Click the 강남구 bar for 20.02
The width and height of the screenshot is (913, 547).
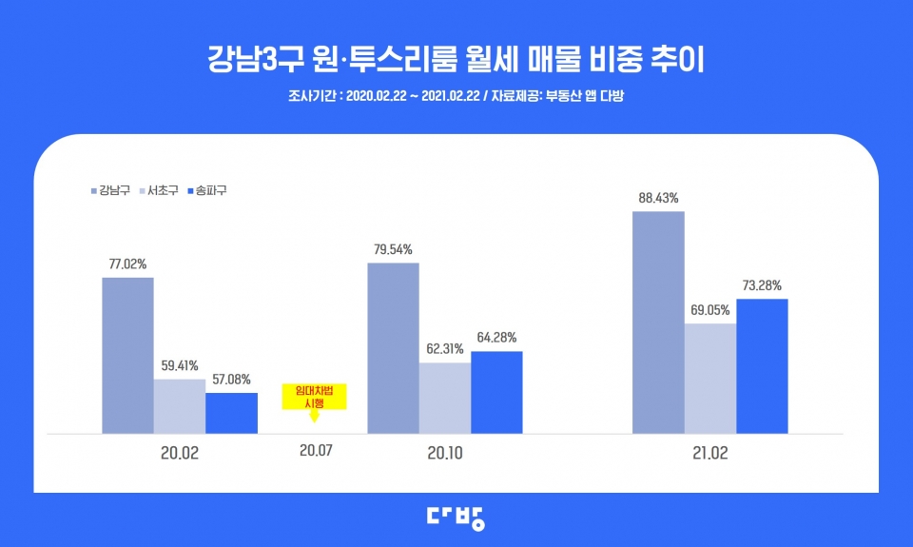tap(127, 356)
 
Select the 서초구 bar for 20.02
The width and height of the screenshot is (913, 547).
tap(179, 406)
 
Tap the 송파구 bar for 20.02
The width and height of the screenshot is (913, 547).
tap(231, 413)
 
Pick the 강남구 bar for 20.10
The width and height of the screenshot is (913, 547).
tap(393, 348)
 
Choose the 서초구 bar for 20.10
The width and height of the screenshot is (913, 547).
tap(444, 398)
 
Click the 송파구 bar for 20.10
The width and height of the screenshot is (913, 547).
tap(496, 392)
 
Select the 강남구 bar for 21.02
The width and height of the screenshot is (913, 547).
tap(658, 322)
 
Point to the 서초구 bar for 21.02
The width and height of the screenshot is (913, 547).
tap(709, 379)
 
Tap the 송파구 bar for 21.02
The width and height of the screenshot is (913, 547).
tap(762, 366)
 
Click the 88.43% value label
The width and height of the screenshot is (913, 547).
tap(658, 198)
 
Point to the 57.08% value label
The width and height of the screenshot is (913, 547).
tap(231, 380)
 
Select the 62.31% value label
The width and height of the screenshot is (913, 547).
tap(444, 349)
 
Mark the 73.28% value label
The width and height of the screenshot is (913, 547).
tap(762, 285)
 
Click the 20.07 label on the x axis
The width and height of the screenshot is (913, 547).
tap(316, 452)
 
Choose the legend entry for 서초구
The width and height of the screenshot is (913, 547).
tap(162, 190)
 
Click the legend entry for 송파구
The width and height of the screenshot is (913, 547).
tap(209, 190)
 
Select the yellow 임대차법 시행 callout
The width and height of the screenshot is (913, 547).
tap(315, 397)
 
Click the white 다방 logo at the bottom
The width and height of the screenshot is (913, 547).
tap(456, 517)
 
